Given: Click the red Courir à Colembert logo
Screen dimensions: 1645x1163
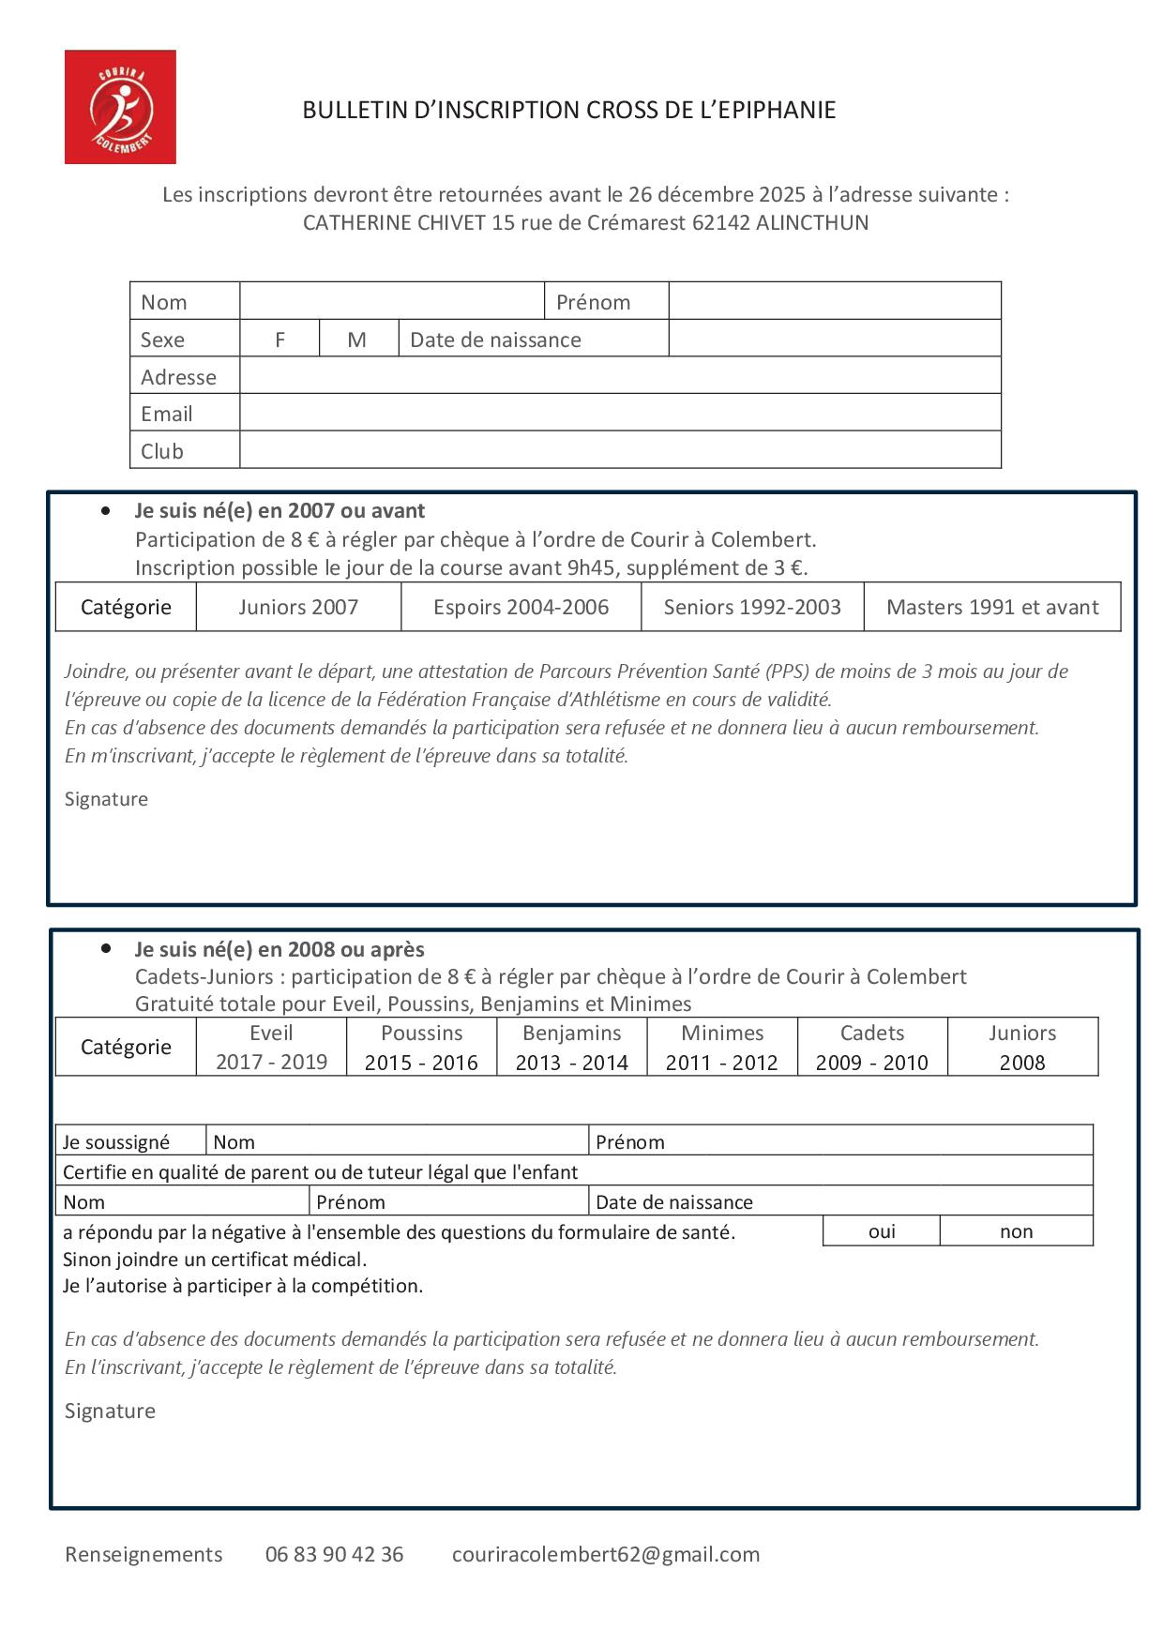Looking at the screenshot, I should click(x=120, y=107).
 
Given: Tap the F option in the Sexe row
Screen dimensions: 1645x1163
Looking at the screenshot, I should click(x=279, y=340).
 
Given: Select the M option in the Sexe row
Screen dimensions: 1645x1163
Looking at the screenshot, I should click(x=357, y=340).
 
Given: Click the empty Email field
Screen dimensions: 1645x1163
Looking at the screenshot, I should click(x=619, y=413).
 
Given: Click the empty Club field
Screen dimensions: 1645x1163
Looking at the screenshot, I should click(x=619, y=450).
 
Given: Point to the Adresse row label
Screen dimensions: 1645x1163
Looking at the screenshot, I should click(x=178, y=377).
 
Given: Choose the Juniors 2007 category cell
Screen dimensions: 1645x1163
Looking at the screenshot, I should click(x=298, y=607).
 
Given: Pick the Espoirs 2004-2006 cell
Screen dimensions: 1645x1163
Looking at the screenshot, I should click(x=521, y=607).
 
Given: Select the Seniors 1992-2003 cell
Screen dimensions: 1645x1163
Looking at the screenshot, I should click(x=752, y=607).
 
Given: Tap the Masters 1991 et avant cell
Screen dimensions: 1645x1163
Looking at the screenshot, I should click(x=992, y=607).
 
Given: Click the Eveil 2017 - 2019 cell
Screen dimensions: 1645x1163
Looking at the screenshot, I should click(x=271, y=1047).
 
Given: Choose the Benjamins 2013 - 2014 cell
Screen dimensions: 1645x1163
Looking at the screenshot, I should click(x=571, y=1047).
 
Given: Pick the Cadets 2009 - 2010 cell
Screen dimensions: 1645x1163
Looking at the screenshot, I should click(x=871, y=1047).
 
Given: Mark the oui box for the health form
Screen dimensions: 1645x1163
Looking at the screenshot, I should click(x=882, y=1231).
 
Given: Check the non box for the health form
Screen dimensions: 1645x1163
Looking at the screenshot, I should click(x=1016, y=1231).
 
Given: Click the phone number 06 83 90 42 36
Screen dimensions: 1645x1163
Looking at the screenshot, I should click(x=334, y=1554).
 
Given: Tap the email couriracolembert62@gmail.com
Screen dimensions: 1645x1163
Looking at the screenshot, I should click(x=606, y=1554).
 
